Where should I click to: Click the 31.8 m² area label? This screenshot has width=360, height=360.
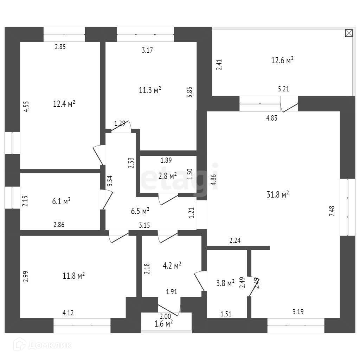278,194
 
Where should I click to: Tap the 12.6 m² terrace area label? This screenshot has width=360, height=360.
282,60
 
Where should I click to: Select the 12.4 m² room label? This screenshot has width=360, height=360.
64,104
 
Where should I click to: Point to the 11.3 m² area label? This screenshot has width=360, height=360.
150,90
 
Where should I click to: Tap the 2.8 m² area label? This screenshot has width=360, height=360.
167,176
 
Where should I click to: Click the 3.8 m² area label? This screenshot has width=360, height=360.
225,283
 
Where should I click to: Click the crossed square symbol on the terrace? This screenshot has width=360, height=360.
348,33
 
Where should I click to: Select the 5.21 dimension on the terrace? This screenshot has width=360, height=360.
283,89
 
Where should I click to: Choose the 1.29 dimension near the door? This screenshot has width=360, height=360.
120,123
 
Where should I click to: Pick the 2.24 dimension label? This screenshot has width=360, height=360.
235,241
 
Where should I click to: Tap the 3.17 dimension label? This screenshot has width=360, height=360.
147,50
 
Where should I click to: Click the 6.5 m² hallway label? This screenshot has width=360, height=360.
140,211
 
